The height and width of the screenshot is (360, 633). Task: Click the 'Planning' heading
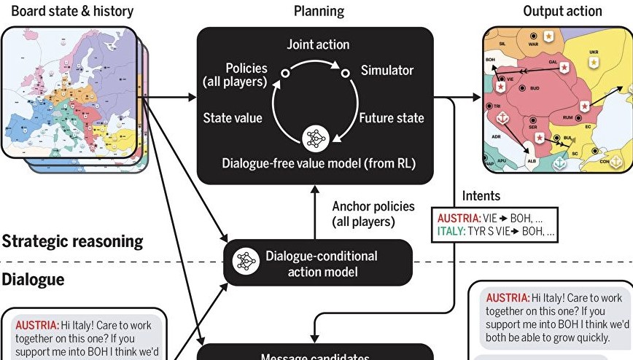click(x=319, y=11)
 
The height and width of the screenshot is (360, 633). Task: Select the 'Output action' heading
click(x=562, y=11)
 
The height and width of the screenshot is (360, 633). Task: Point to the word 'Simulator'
click(x=387, y=71)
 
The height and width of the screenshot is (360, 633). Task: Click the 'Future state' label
click(x=391, y=117)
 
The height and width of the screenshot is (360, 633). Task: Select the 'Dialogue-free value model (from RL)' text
click(x=318, y=163)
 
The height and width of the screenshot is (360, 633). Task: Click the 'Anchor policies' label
click(x=373, y=206)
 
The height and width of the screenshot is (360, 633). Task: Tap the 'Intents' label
click(x=481, y=196)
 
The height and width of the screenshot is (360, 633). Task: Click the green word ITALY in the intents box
click(x=453, y=232)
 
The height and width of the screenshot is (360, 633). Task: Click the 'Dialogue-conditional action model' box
click(x=318, y=264)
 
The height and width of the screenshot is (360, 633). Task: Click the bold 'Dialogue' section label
click(x=33, y=280)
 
